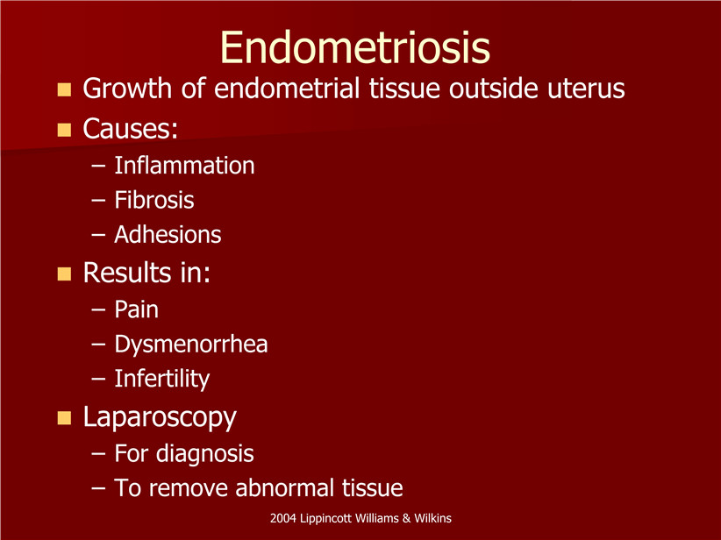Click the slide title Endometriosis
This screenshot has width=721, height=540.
tap(355, 47)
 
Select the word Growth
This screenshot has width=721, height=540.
tap(127, 88)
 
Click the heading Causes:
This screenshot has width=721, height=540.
tap(130, 128)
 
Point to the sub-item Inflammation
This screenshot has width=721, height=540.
tap(184, 166)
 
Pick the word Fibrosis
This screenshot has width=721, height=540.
tap(154, 200)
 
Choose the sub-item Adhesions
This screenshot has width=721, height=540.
tap(168, 234)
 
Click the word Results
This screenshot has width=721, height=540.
tap(127, 273)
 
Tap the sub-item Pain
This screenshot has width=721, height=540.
tap(137, 309)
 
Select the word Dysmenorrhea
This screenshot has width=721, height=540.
tap(191, 345)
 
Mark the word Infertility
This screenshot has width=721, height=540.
tap(162, 379)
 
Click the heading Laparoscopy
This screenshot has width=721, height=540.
tap(160, 417)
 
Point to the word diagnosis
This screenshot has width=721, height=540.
tap(205, 453)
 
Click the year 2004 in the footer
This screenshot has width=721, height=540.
tap(283, 518)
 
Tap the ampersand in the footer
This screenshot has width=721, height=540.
tap(406, 518)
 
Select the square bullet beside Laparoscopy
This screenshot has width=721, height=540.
tap(64, 418)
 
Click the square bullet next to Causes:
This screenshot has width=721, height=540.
tap(64, 130)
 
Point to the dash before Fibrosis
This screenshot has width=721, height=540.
tap(98, 201)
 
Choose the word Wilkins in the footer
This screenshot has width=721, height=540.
tap(432, 518)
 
